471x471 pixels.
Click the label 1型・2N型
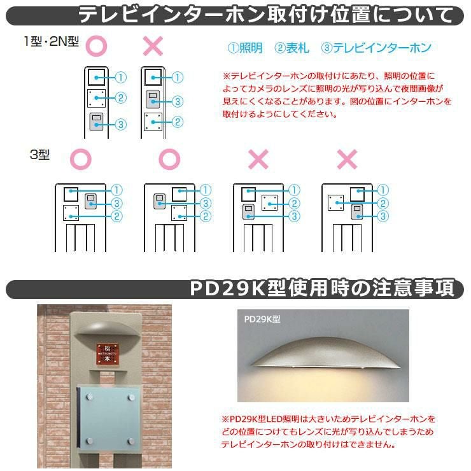point(52,41)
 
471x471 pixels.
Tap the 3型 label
point(39,155)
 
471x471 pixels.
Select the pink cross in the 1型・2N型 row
point(153,46)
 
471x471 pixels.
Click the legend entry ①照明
point(245,48)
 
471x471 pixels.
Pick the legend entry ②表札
point(292,48)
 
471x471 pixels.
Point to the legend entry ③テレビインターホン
point(376,48)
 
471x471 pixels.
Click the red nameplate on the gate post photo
point(107,354)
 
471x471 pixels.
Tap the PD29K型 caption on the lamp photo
point(262,319)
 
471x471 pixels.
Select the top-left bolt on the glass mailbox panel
point(89,397)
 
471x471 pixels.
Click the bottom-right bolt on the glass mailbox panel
point(131,441)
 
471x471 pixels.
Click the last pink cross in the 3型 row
point(348,159)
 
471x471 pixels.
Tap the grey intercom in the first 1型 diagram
point(96,122)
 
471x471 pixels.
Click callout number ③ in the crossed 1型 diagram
point(177,102)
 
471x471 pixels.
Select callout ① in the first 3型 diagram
point(116,190)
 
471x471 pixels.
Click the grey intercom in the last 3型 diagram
point(357,212)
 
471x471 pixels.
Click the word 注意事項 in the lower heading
point(413,288)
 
